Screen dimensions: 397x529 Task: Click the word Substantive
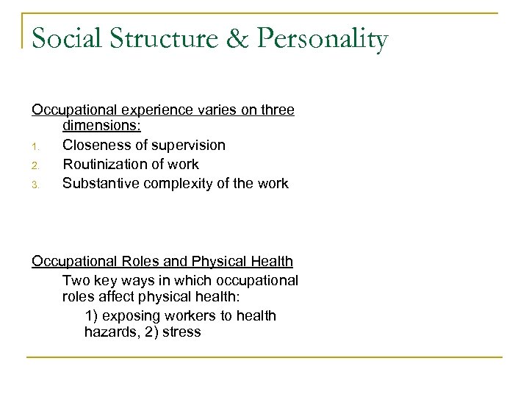click(x=98, y=182)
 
